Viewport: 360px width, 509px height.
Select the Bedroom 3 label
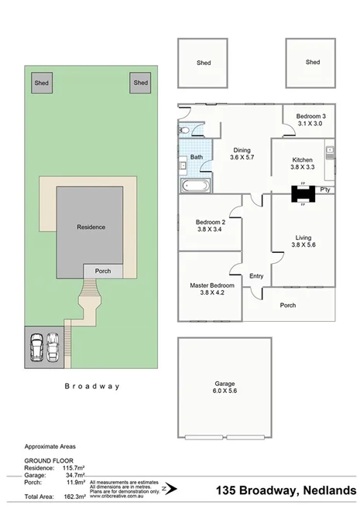pos(310,116)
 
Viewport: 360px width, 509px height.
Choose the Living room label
pos(302,237)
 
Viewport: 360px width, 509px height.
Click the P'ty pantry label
pos(326,190)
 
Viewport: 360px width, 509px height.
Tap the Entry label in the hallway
pos(256,277)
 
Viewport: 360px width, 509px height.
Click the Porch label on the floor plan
pos(288,305)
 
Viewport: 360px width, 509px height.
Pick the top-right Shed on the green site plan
pos(140,83)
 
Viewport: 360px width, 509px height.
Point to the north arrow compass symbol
pos(174,488)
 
